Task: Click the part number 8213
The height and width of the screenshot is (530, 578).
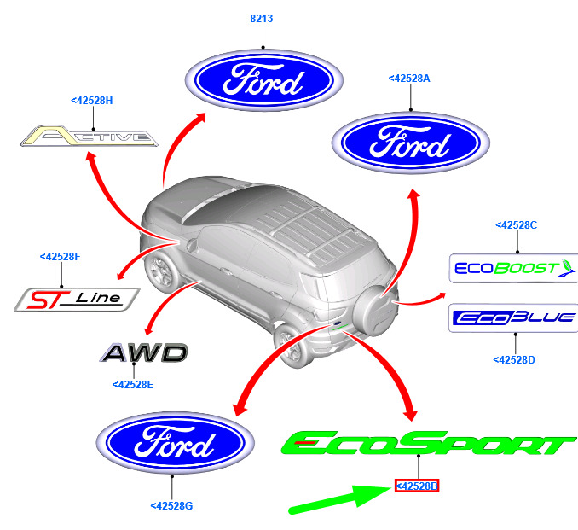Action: click(262, 19)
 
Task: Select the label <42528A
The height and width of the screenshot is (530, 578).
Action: click(409, 79)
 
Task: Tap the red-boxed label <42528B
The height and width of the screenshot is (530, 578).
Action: click(417, 486)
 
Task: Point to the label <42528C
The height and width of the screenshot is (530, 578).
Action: click(516, 225)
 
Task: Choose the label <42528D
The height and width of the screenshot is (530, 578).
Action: click(514, 360)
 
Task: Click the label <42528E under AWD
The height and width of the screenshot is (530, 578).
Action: click(133, 385)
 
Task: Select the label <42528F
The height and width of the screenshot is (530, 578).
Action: click(60, 257)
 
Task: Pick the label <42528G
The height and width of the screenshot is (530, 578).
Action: click(171, 505)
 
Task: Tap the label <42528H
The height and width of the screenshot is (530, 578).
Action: click(92, 101)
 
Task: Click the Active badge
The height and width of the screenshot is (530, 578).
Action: click(90, 137)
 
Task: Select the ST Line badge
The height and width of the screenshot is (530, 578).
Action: click(77, 300)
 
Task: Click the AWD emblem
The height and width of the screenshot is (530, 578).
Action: click(144, 352)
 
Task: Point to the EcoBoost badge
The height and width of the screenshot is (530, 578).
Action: click(513, 268)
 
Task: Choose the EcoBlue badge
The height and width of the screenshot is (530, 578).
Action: click(513, 317)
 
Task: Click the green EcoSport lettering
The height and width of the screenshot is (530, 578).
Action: click(429, 443)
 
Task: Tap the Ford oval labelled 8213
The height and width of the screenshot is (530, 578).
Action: click(264, 80)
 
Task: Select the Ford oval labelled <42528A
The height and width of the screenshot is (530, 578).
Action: click(411, 143)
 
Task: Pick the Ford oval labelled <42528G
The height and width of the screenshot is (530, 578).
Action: click(176, 443)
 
